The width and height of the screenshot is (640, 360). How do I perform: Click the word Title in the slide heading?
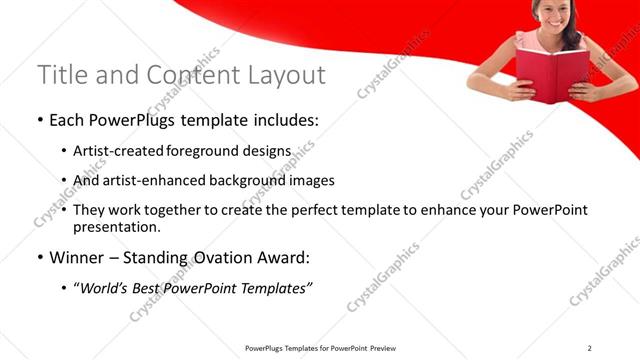click(58, 75)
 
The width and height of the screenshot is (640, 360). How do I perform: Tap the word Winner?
click(80, 257)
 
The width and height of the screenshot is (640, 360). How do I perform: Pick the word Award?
click(288, 257)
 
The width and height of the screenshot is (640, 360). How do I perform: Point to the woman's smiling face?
click(553, 14)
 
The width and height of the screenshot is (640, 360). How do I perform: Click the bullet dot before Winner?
click(40, 258)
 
